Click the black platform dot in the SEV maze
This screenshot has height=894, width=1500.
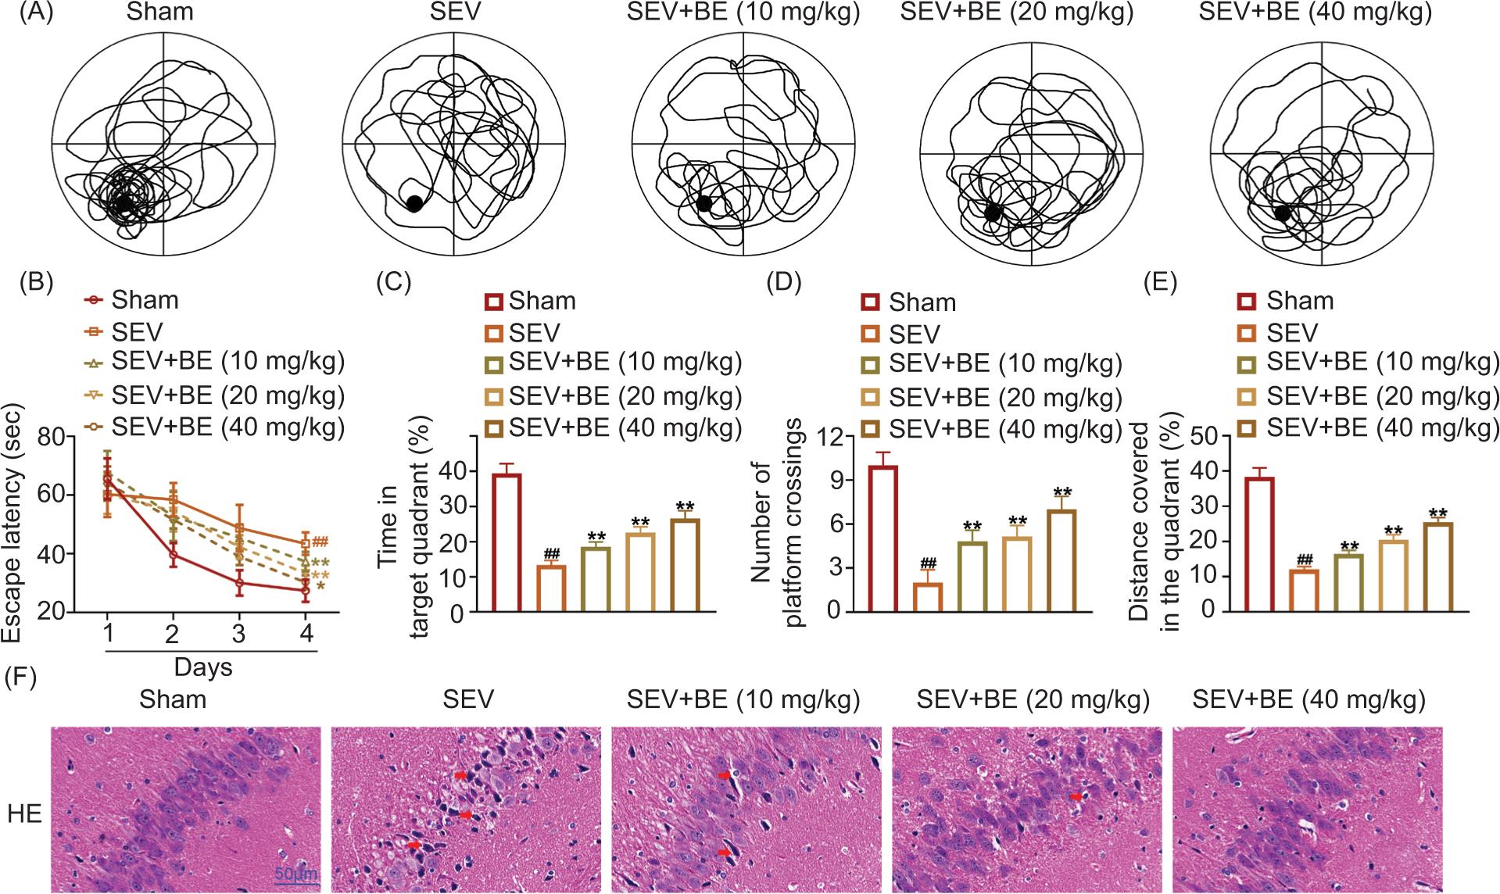tap(414, 204)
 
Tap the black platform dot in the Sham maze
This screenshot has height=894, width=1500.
tap(124, 204)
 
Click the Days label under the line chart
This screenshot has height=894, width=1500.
tap(203, 667)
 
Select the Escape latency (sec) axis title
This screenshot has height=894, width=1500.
tap(13, 522)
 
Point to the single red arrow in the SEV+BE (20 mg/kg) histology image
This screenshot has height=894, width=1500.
tap(1077, 796)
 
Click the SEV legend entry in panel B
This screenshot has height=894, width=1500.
tap(137, 332)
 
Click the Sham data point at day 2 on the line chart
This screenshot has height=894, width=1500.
tap(173, 555)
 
